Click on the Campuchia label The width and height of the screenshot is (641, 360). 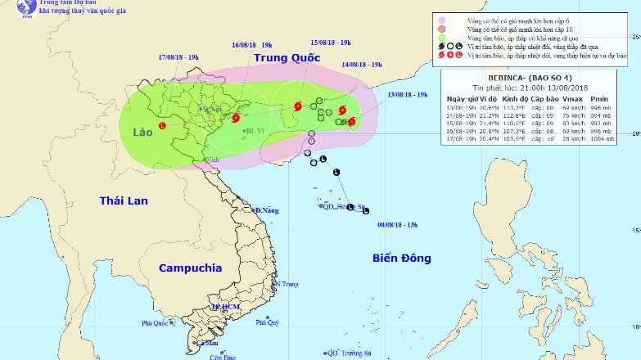(x=190, y=268)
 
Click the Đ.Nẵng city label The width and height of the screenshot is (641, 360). (x=268, y=211)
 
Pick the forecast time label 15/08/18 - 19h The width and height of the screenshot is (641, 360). (x=330, y=43)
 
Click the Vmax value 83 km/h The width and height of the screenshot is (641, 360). (x=571, y=123)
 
